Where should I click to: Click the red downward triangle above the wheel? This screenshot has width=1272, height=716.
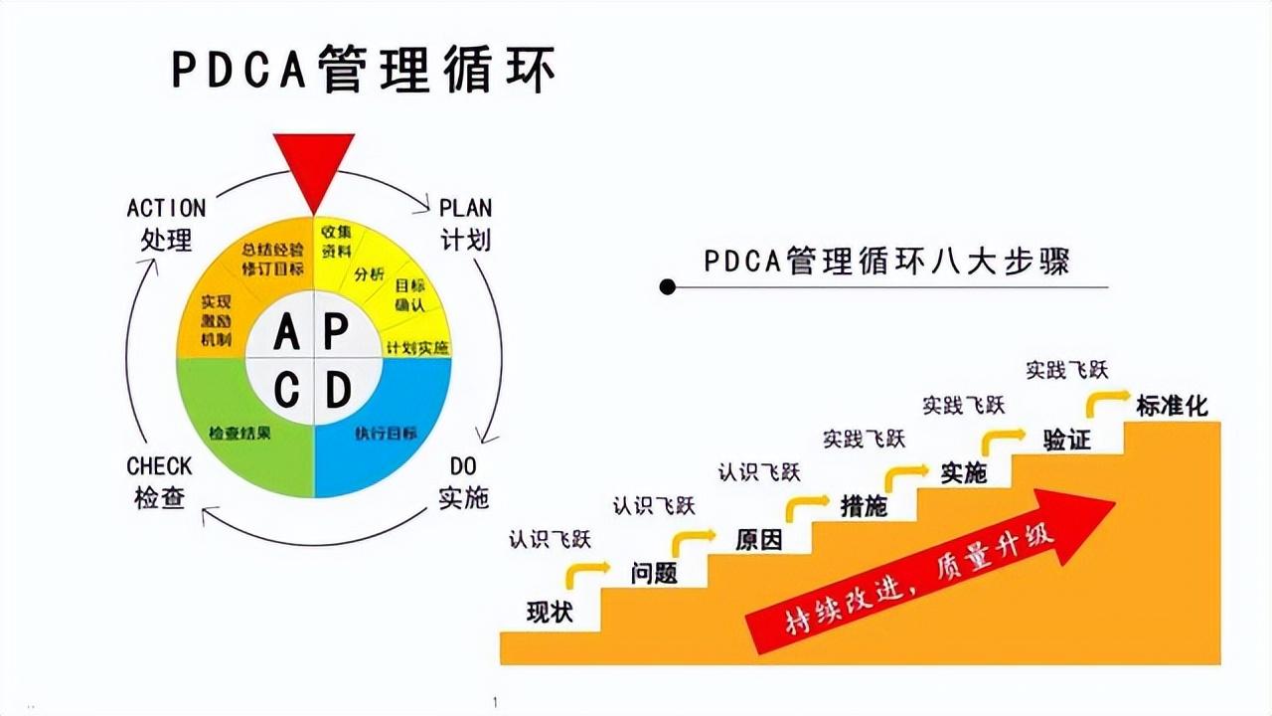[x=314, y=165]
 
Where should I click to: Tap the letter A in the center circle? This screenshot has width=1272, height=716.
[x=286, y=332]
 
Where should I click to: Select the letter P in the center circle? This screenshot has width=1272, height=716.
[x=337, y=332]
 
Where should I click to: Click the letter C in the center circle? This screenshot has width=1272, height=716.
[x=286, y=391]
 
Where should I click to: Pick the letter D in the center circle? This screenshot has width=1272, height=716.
[x=338, y=391]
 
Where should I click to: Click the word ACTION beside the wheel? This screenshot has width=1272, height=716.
[x=166, y=208]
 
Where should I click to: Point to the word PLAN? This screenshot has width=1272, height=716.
[x=465, y=208]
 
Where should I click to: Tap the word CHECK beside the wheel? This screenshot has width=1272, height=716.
[x=159, y=466]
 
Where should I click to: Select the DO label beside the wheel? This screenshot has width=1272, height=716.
[x=463, y=466]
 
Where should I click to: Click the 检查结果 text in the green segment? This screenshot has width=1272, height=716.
[x=240, y=434]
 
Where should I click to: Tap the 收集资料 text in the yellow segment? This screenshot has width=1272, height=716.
[x=337, y=241]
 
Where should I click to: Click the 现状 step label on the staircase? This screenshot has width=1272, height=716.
[x=550, y=612]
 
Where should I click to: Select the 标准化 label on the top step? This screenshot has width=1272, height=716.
[x=1172, y=405]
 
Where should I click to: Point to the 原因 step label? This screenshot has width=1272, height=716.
[x=758, y=540]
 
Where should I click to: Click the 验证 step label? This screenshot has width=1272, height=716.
[x=1066, y=440]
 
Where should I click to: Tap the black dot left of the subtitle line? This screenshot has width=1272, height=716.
[x=668, y=287]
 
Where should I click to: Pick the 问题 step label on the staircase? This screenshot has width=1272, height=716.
[x=654, y=573]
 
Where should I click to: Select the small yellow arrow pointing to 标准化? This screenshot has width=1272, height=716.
[x=1107, y=401]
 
